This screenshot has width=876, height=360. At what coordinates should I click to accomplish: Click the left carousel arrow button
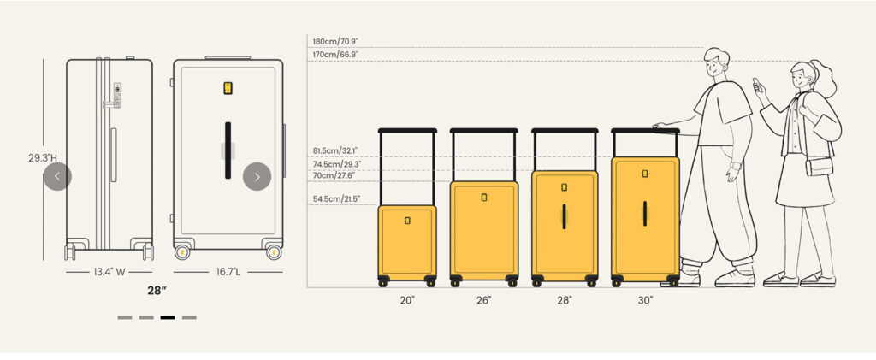(x=57, y=176)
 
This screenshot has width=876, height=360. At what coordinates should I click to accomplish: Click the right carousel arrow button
(x=257, y=176)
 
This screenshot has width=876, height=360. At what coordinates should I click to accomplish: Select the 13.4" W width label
(x=109, y=273)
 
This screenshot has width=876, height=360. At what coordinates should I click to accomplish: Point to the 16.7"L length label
(x=228, y=273)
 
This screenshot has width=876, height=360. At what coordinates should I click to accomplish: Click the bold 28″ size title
(x=157, y=290)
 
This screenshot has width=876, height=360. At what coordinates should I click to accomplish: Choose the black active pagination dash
(x=168, y=317)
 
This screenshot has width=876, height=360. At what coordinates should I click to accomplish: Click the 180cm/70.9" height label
(x=335, y=41)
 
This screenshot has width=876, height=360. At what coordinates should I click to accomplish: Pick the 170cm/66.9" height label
(x=335, y=55)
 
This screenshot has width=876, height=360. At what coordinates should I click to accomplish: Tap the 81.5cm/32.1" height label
(x=335, y=150)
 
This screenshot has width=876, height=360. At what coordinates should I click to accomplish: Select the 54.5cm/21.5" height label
(x=336, y=198)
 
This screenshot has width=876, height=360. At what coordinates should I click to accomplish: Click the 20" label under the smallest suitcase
(x=407, y=300)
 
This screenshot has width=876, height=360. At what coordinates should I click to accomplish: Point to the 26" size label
(x=484, y=300)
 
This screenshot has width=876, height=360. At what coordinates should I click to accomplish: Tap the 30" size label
(x=645, y=300)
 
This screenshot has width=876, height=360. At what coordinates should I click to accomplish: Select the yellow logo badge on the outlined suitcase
(x=228, y=88)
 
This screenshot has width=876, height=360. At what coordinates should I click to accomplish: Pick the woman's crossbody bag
(x=819, y=167)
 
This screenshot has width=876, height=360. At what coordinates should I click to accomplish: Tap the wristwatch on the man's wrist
(x=735, y=166)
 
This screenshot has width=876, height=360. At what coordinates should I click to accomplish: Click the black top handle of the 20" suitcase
(x=407, y=131)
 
